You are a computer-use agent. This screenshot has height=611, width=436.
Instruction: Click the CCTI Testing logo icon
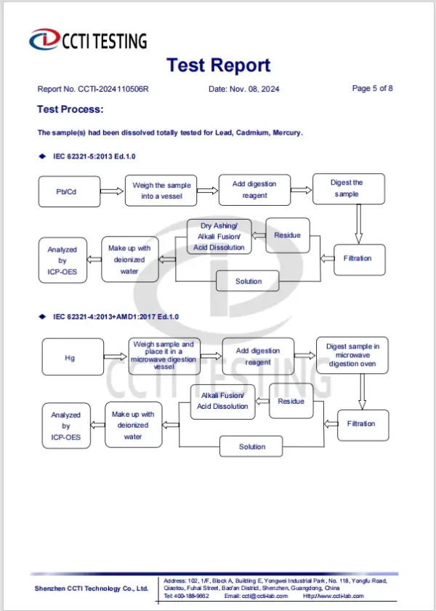click(x=44, y=39)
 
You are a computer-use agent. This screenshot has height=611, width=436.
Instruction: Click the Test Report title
click(x=218, y=65)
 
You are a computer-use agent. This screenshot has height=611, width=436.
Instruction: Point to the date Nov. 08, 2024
click(x=243, y=89)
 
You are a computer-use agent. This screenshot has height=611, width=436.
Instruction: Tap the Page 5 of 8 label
click(x=372, y=89)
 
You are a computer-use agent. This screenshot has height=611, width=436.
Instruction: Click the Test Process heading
click(x=70, y=110)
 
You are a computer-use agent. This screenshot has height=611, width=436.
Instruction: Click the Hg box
click(x=70, y=358)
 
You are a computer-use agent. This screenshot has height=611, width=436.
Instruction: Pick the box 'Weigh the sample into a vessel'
click(x=161, y=191)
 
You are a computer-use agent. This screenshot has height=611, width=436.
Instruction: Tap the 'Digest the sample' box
click(x=347, y=188)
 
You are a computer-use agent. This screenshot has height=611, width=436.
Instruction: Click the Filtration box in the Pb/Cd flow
click(x=357, y=258)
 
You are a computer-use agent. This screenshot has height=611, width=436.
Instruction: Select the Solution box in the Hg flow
click(x=252, y=447)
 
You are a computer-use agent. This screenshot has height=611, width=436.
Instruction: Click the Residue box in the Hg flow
click(x=291, y=402)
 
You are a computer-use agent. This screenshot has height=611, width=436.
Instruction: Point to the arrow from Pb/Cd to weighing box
click(x=110, y=192)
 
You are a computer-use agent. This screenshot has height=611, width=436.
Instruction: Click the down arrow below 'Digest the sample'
click(x=358, y=225)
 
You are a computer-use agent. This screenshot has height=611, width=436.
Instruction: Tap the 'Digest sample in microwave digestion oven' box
click(x=352, y=355)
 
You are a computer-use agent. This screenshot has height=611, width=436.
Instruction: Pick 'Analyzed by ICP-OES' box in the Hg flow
click(x=66, y=426)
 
